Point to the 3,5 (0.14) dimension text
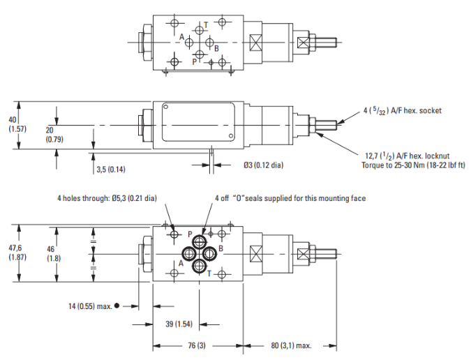pyautogui.click(x=110, y=169)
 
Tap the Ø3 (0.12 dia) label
pyautogui.click(x=263, y=165)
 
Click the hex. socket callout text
pyautogui.click(x=402, y=110)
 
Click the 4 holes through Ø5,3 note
pyautogui.click(x=107, y=198)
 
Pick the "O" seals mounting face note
pyautogui.click(x=290, y=198)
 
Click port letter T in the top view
pyautogui.click(x=206, y=24)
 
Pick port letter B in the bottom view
pyautogui.click(x=220, y=248)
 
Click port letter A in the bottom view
pyautogui.click(x=180, y=264)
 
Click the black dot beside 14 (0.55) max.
pyautogui.click(x=117, y=305)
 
